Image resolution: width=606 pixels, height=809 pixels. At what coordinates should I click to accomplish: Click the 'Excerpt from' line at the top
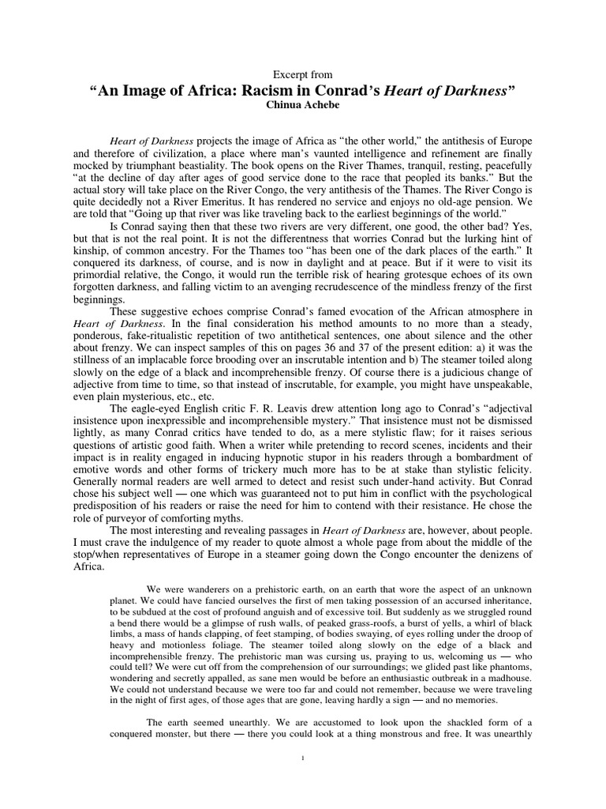(303, 74)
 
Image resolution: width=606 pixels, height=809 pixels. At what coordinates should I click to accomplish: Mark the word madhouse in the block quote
(507, 667)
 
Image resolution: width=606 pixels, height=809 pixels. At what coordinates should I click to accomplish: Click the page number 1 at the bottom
(303, 759)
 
